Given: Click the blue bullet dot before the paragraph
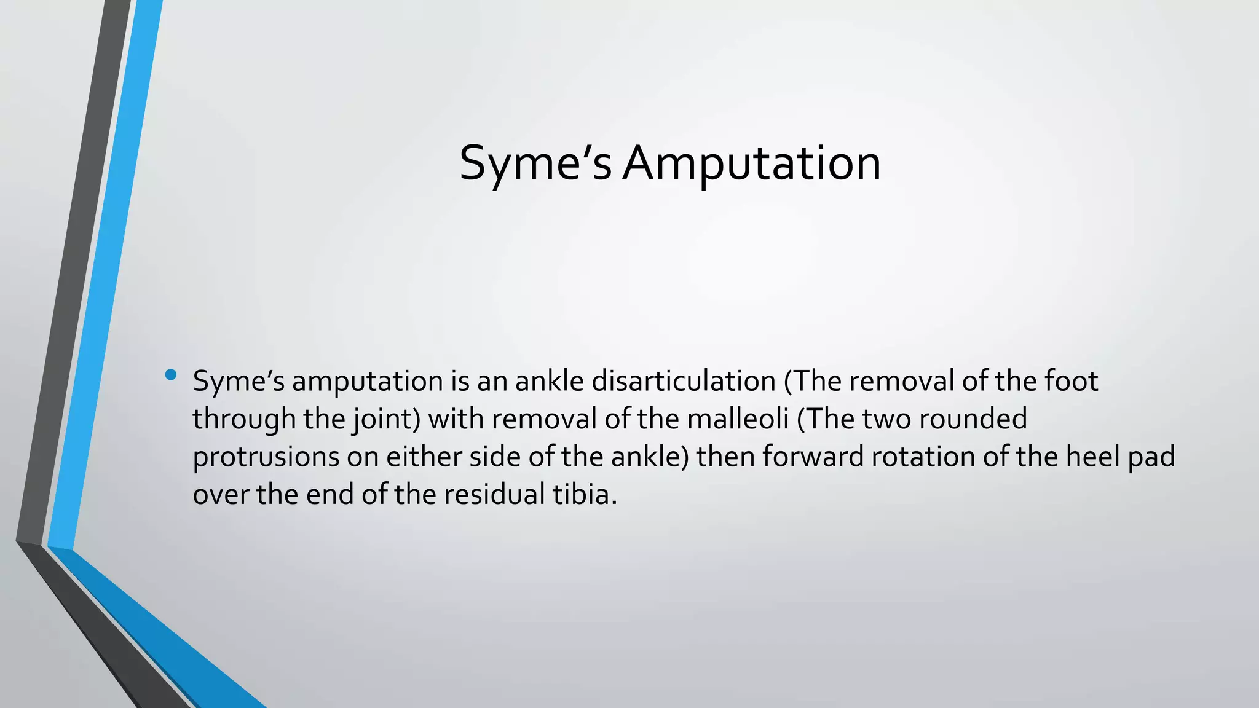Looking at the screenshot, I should click(171, 374).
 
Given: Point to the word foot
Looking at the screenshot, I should click(1071, 381).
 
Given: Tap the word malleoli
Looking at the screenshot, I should click(737, 419).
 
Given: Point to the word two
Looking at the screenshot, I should click(886, 419).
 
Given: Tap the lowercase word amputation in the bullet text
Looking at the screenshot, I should click(367, 381).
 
